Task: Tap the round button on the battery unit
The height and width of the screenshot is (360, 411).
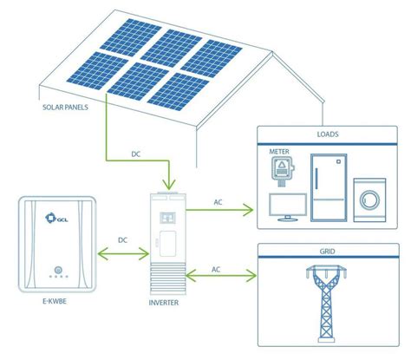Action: point(57,269)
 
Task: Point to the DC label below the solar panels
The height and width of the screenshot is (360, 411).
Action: point(136,154)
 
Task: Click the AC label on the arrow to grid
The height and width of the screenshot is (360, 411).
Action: point(217,269)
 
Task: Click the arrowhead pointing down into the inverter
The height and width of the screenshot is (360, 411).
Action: point(169,183)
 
